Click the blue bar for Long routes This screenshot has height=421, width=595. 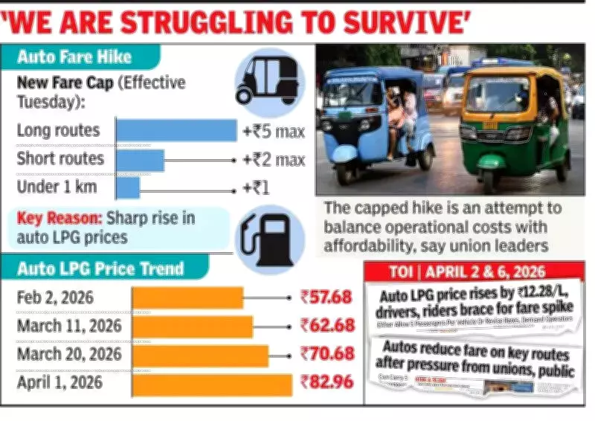point(176,130)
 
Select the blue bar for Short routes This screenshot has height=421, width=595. point(140,159)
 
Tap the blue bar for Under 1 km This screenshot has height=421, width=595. point(127,187)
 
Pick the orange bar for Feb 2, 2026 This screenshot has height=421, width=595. point(187,298)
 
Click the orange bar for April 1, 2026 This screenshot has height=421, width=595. point(212,385)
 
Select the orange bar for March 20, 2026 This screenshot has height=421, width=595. point(200,356)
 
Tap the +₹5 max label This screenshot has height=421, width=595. point(274,132)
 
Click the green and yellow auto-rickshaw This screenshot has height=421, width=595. point(513,123)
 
